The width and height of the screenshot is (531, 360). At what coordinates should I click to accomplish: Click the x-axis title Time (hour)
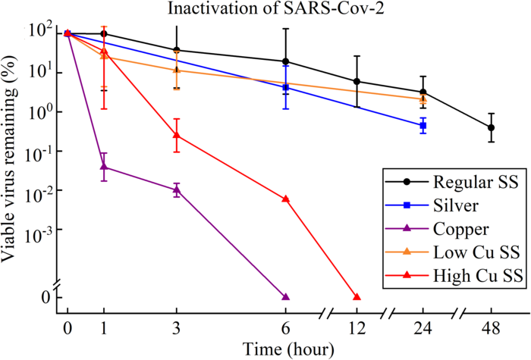tap(287, 349)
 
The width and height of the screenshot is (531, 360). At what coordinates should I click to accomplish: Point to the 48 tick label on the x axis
tap(492, 329)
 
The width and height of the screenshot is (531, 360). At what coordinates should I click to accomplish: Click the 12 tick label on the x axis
tap(357, 329)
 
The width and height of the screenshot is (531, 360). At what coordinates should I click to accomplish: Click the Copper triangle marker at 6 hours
tap(285, 297)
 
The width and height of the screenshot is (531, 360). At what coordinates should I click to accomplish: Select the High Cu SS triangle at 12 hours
tap(357, 297)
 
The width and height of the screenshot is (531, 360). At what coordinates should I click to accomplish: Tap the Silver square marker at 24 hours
tap(423, 125)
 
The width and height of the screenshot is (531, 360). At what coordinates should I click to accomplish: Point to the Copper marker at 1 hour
tap(104, 166)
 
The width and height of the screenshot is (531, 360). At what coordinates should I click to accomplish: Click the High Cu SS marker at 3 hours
tap(177, 135)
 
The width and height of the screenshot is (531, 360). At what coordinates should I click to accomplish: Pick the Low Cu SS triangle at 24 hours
tap(423, 99)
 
